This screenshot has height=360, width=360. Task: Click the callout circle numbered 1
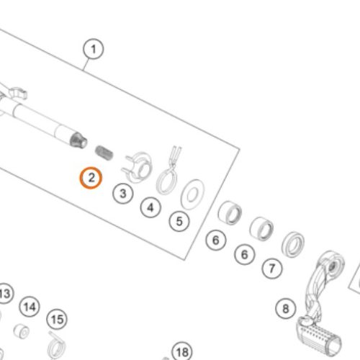click(94, 49)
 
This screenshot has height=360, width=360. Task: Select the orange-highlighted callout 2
click(91, 178)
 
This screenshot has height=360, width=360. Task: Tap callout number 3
click(123, 193)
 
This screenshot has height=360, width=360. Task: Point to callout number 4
click(150, 207)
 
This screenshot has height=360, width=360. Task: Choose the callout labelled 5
click(179, 221)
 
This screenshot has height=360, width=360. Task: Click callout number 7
click(272, 269)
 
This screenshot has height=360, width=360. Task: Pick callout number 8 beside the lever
click(286, 308)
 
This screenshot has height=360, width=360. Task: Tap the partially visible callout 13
click(5, 294)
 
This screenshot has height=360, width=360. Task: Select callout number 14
click(30, 307)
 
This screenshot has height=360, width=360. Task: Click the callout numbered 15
click(57, 320)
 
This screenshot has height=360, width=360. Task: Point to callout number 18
click(182, 352)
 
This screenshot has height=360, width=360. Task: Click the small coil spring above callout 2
click(104, 152)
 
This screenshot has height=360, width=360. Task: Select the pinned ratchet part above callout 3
click(138, 167)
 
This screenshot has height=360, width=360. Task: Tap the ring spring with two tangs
click(168, 171)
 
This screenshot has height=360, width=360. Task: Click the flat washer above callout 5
click(193, 194)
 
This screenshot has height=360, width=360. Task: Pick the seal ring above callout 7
click(293, 244)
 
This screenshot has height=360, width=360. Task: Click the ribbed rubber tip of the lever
click(319, 337)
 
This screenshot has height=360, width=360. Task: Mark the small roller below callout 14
click(22, 331)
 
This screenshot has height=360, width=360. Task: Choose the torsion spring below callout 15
click(56, 346)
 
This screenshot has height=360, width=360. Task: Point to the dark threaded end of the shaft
click(78, 140)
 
